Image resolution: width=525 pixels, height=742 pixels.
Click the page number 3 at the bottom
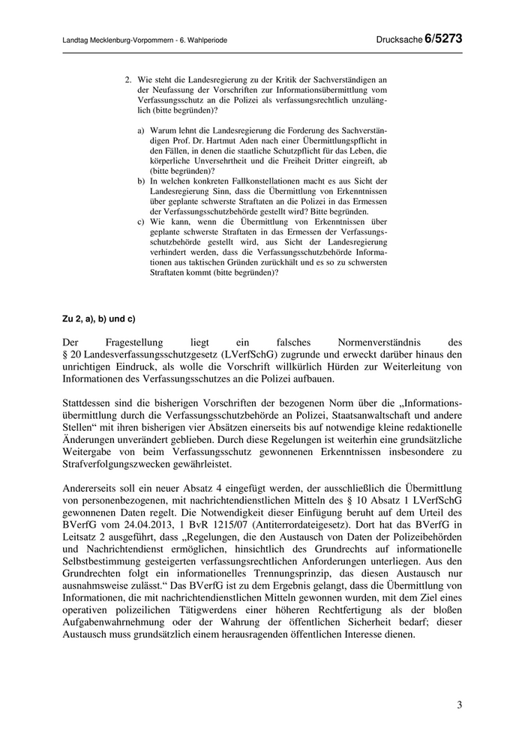tap(459, 705)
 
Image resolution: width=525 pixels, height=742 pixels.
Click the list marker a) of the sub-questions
tap(141, 129)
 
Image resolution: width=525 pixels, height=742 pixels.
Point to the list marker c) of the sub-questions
tap(141, 222)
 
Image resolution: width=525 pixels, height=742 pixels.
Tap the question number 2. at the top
tap(128, 77)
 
